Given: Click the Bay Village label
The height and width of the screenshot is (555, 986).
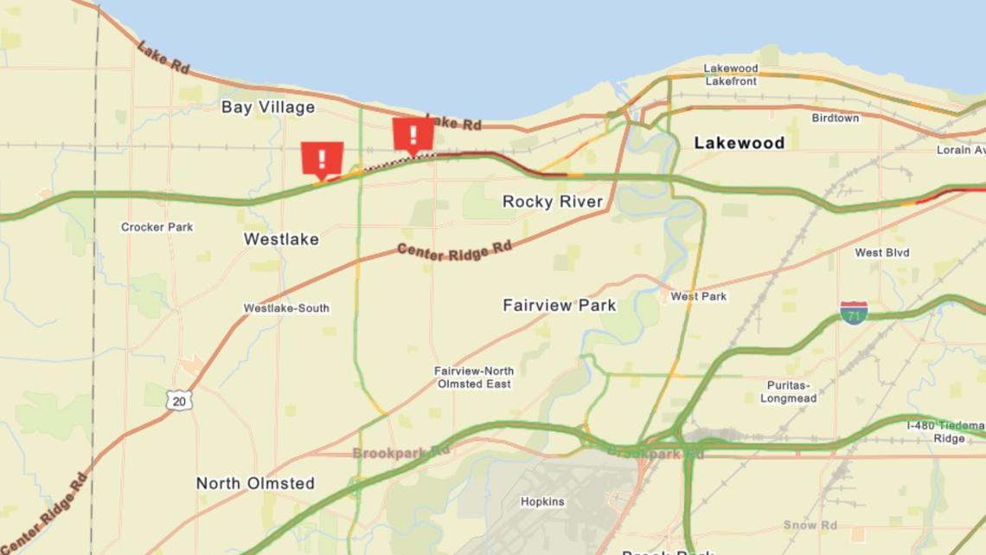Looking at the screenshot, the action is (x=267, y=107).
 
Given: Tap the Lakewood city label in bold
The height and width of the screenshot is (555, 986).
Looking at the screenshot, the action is (x=739, y=143).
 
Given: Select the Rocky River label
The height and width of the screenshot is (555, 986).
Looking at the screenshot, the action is (x=552, y=202).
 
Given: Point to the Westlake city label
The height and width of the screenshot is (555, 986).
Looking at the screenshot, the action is (x=281, y=239).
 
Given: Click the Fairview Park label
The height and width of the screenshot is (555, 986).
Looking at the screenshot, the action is (x=559, y=305).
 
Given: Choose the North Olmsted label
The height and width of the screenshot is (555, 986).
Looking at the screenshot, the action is (x=255, y=483).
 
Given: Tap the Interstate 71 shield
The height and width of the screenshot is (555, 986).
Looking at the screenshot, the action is (x=853, y=313).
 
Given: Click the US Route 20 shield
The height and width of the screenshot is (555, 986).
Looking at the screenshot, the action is (x=180, y=400).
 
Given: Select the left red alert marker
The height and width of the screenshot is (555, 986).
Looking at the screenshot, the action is (x=322, y=159).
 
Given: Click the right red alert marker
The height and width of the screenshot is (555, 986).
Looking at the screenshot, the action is (x=413, y=135).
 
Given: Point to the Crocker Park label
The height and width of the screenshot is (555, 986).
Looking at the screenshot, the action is (x=157, y=227).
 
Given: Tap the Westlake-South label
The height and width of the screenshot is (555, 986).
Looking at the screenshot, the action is (x=285, y=308).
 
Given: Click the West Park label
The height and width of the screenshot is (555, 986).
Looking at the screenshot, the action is (x=698, y=296).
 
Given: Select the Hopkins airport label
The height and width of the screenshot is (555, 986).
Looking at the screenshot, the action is (x=542, y=501).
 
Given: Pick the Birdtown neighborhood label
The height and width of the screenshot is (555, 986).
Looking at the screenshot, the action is (x=835, y=118).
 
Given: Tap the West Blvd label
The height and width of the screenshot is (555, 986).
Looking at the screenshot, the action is (x=881, y=253).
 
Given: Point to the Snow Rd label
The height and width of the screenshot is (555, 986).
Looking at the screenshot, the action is (x=810, y=525).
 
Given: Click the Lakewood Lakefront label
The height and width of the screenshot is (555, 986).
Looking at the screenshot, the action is (x=730, y=74).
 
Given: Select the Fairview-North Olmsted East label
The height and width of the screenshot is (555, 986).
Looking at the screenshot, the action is (x=473, y=377).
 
